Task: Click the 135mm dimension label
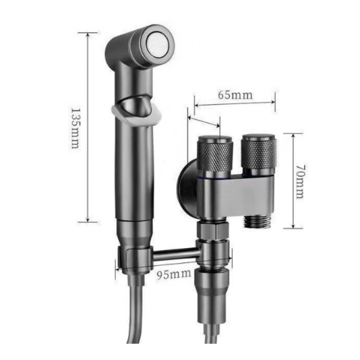coord(75,129)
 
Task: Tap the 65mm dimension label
coord(235,95)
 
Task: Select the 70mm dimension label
coord(300,181)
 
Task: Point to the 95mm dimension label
coord(174,274)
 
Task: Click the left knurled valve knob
coord(215,154)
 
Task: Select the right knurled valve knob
coord(259,152)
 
